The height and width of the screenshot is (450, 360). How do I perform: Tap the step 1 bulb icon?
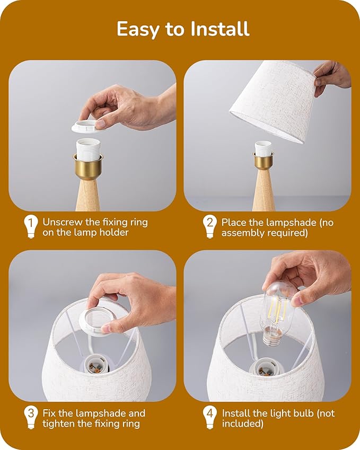(x=31, y=226)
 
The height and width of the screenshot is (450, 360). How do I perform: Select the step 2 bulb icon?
(x=210, y=226)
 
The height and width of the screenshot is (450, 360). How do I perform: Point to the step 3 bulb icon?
(x=31, y=417)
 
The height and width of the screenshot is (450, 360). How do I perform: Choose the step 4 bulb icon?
(x=210, y=417)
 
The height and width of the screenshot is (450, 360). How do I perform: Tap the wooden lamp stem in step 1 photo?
(x=88, y=195)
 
